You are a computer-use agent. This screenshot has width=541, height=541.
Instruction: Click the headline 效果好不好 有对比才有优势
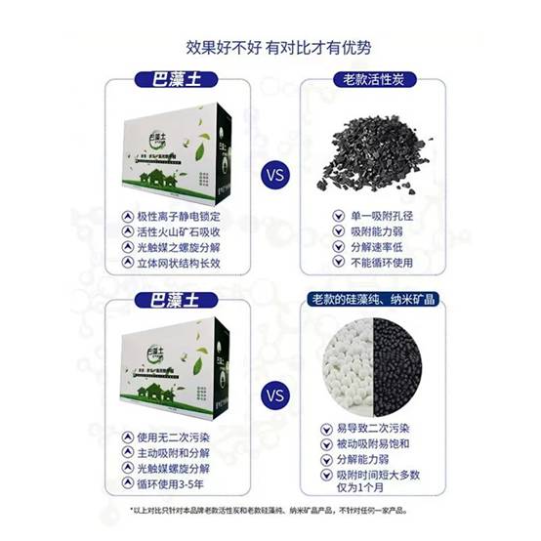pos(270,46)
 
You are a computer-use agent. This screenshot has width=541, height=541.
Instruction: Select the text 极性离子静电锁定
pos(180,216)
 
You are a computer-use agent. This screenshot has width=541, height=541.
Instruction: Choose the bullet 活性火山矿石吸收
pos(180,232)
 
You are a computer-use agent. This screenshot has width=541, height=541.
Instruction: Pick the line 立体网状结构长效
pos(180,264)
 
